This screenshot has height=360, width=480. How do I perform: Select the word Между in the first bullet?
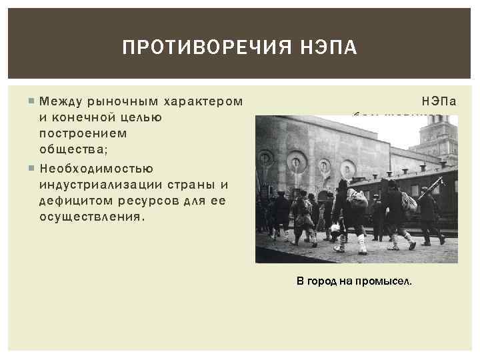[x=59, y=101]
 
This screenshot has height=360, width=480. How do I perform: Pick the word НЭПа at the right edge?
[x=440, y=102]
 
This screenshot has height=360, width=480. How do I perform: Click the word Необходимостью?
[x=97, y=169]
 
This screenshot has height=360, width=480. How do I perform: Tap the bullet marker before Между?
[x=32, y=101]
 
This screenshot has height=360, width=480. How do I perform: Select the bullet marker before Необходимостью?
[x=32, y=169]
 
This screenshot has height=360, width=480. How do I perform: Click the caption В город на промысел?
[x=354, y=281]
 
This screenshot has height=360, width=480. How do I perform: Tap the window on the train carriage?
[x=414, y=192]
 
